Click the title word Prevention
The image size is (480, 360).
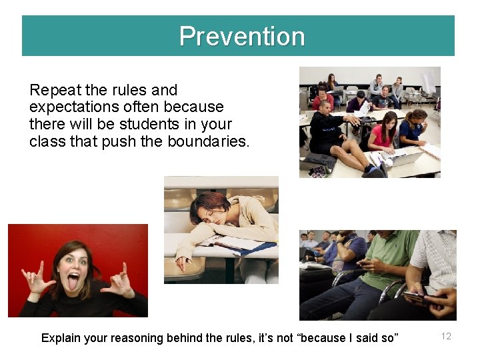[241, 36]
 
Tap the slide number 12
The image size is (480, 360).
[446, 336]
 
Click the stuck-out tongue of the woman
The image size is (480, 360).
[73, 279]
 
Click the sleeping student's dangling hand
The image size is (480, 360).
[182, 264]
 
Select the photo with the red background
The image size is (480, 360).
[77, 270]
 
